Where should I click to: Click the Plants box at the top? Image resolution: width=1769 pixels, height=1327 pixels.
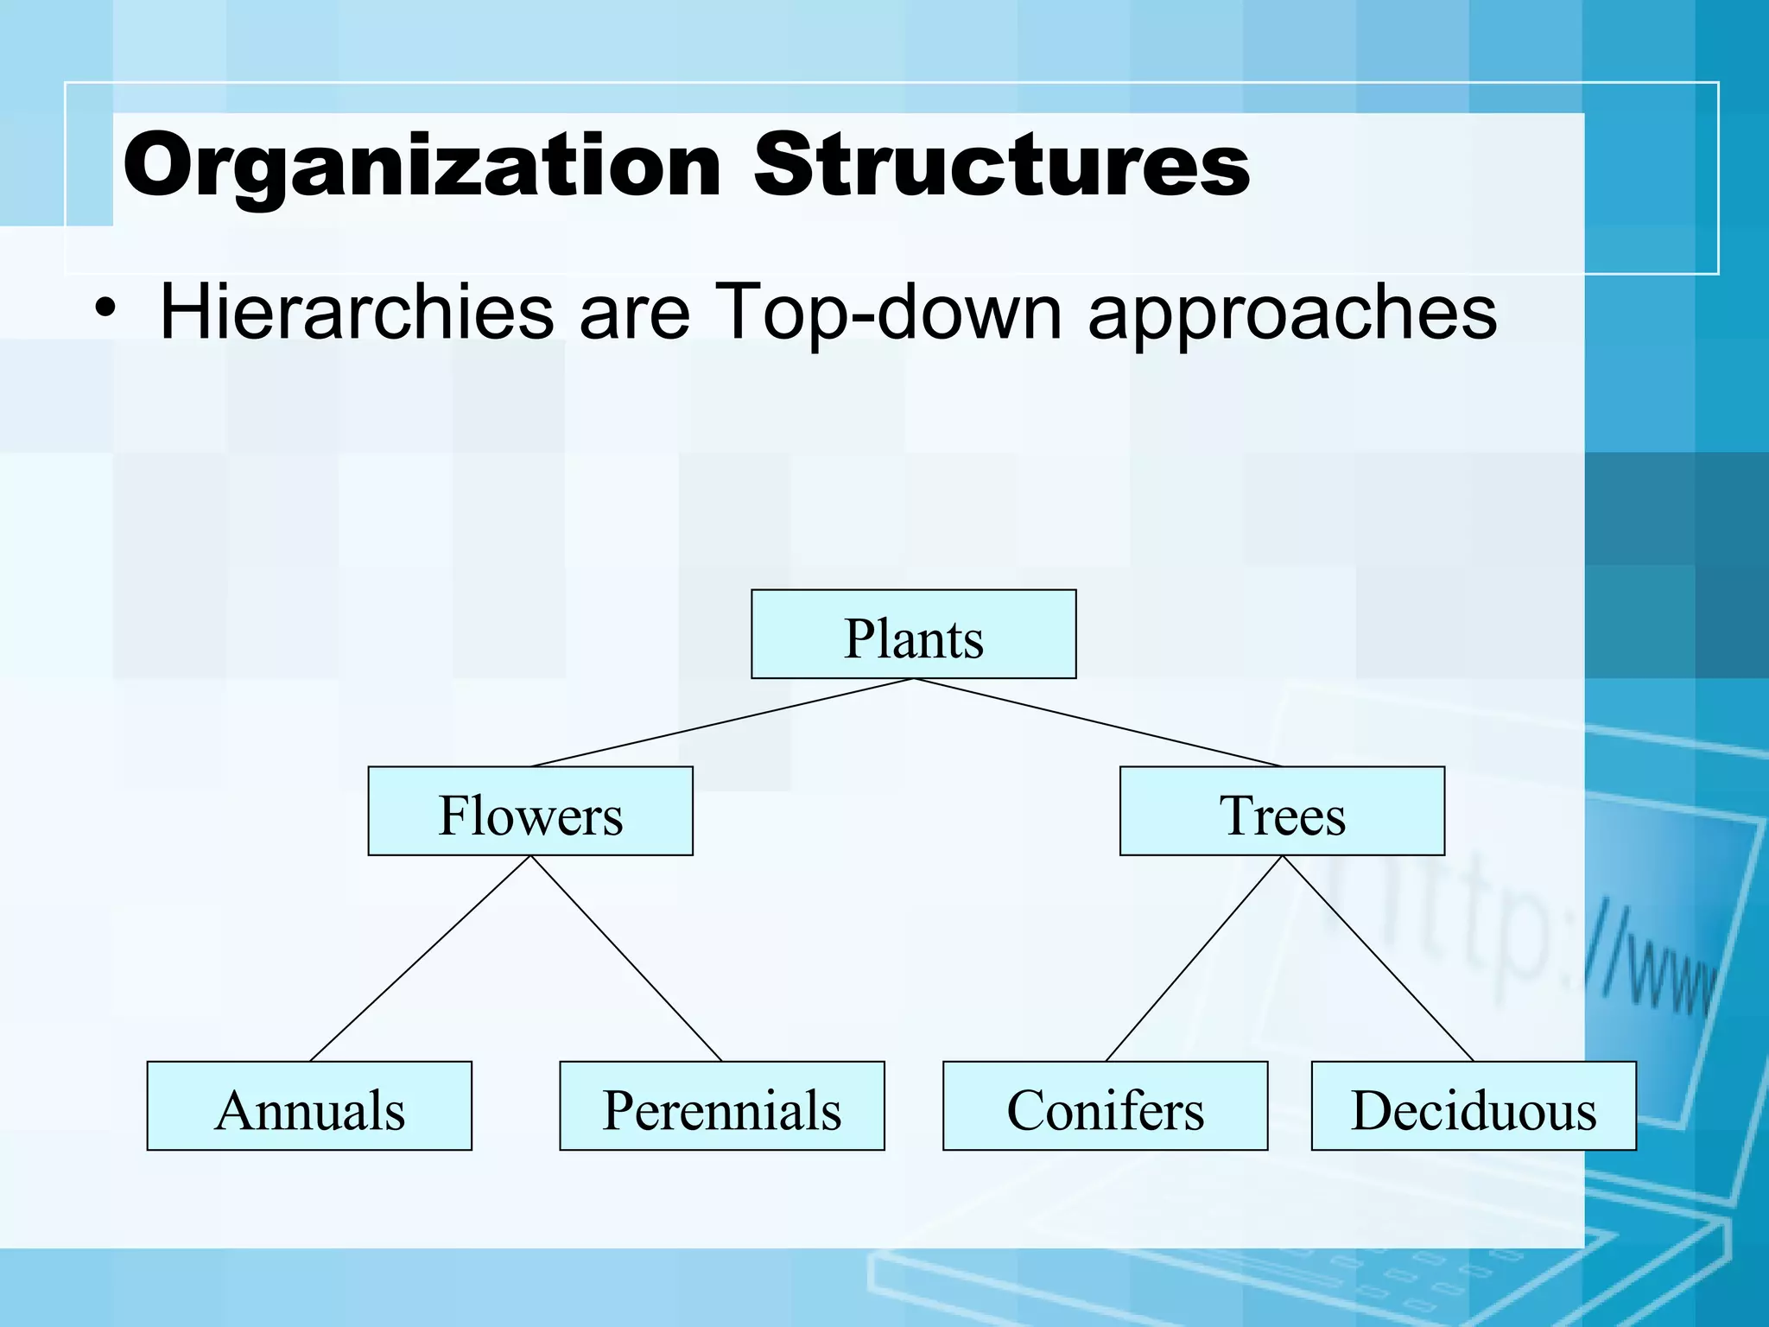(913, 634)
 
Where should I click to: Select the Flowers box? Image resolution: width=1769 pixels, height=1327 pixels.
(530, 810)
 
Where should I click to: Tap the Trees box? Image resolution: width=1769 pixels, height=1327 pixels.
(1282, 810)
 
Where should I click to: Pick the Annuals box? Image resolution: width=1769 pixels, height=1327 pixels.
(309, 1106)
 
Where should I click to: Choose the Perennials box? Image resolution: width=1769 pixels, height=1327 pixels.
(722, 1106)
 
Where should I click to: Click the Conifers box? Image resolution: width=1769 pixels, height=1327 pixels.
(1105, 1106)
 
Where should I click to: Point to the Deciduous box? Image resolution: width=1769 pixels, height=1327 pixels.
(1474, 1106)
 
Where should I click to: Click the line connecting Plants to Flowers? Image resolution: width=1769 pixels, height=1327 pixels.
(722, 722)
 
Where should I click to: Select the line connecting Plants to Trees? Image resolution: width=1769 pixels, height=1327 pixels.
(1097, 722)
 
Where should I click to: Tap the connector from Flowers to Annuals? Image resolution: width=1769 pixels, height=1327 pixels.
(421, 957)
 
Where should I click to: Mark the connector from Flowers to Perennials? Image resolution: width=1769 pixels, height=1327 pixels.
(626, 957)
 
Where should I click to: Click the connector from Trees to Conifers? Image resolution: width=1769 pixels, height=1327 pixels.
(1194, 957)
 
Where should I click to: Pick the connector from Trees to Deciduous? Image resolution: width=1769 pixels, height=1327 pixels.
(1378, 957)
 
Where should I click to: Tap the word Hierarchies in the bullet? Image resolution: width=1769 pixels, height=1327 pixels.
(356, 313)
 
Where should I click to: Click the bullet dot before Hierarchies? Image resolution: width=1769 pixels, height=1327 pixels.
(105, 308)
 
